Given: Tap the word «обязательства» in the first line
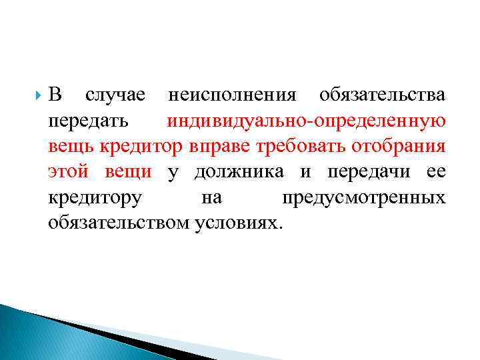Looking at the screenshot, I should click(x=382, y=96).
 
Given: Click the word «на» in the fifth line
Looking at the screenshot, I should click(x=211, y=198).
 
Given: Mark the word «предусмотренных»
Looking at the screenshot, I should click(x=363, y=198).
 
